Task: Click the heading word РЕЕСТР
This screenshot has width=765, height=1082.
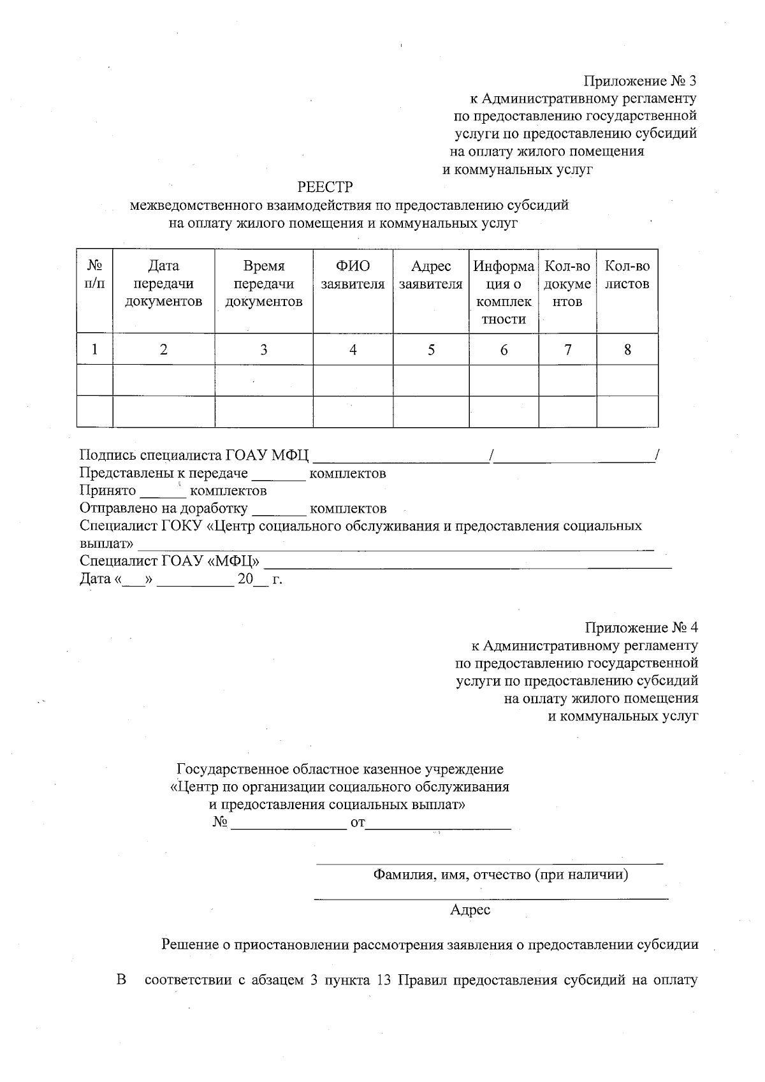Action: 324,187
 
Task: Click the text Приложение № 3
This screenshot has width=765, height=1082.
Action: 639,81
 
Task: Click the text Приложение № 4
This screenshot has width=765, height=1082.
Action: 641,628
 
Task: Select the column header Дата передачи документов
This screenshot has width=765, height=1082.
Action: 164,284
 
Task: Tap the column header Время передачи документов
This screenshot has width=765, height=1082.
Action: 264,284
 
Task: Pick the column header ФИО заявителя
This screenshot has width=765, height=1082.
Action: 353,275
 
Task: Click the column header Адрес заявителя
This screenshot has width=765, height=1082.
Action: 431,275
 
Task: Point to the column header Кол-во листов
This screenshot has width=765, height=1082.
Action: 627,275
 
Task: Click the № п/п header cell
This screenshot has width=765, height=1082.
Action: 95,275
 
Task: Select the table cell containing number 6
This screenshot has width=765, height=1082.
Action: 504,350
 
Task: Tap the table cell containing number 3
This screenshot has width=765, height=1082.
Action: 264,350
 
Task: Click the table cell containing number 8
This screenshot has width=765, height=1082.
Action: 627,350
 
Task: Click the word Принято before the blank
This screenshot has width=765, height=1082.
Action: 108,491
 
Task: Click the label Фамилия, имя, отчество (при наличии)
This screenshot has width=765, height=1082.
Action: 500,875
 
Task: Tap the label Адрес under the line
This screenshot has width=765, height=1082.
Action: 470,910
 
